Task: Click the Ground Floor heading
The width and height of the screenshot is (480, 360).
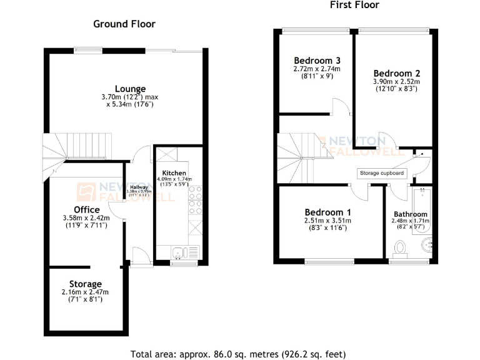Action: pyautogui.click(x=124, y=24)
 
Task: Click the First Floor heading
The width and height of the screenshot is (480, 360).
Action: pyautogui.click(x=354, y=5)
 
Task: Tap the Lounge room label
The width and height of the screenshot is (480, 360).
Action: pyautogui.click(x=130, y=89)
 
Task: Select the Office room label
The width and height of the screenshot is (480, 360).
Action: pyautogui.click(x=86, y=209)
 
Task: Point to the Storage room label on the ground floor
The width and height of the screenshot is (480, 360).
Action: pyautogui.click(x=86, y=284)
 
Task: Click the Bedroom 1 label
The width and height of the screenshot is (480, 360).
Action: pyautogui.click(x=328, y=212)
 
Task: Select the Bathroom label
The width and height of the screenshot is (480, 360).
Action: pyautogui.click(x=411, y=214)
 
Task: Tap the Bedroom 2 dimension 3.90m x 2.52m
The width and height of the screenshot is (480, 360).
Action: pyautogui.click(x=397, y=81)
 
